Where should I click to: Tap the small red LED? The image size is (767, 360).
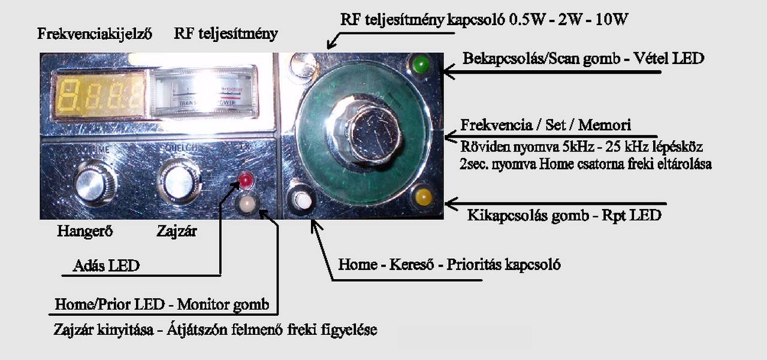click(x=245, y=179)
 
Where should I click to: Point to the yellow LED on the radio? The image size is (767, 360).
click(x=422, y=196)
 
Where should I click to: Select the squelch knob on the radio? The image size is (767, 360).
click(x=178, y=180)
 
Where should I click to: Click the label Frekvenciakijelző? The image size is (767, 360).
click(x=95, y=34)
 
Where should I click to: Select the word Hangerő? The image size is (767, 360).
click(x=85, y=231)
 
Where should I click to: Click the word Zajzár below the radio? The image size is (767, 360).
click(x=176, y=231)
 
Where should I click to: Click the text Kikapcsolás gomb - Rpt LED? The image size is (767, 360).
click(x=564, y=216)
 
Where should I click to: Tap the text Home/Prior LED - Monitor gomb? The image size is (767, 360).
click(x=162, y=304)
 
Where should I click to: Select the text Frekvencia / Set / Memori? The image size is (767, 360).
click(x=545, y=126)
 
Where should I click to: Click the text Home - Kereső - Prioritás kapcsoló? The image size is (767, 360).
click(x=449, y=264)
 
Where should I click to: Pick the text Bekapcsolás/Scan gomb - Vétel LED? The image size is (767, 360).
click(x=583, y=59)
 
